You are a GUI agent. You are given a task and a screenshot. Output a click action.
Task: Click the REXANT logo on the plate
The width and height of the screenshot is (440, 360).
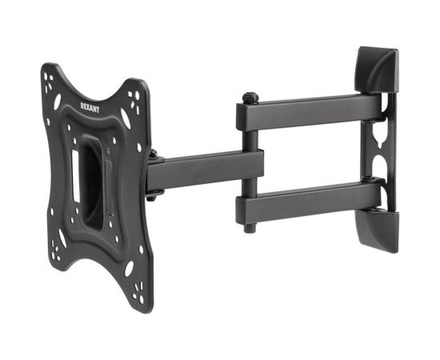[x=90, y=107]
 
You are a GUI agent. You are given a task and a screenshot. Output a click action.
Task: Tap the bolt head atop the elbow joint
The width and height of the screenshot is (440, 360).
[x=250, y=98]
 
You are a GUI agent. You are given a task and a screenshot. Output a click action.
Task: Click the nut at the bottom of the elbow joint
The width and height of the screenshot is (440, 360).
[x=250, y=228]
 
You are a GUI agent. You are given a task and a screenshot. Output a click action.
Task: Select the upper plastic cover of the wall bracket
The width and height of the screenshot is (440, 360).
[x=377, y=70]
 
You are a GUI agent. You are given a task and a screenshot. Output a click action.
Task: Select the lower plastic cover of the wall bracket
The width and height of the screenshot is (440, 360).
[x=377, y=230]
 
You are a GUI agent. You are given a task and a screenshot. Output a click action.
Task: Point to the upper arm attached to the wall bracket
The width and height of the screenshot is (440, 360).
[x=310, y=112]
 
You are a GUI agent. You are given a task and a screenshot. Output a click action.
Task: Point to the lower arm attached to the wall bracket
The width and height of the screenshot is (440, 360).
[x=310, y=202]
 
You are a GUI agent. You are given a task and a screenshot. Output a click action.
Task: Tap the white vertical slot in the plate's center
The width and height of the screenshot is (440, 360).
[x=76, y=176]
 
